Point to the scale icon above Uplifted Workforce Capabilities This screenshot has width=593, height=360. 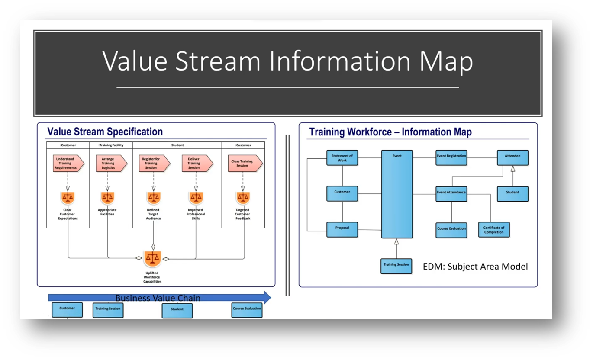coord(152,258)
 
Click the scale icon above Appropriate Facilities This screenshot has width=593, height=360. coord(107,198)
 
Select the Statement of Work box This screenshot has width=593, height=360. coord(342,158)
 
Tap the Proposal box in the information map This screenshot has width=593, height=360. coord(342,229)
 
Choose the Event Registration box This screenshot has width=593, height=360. coord(451,157)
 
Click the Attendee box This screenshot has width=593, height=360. coord(512,157)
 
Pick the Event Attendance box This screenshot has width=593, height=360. coord(451,193)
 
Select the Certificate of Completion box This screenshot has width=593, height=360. coord(494,230)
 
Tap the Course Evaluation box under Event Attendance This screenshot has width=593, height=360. coord(451,230)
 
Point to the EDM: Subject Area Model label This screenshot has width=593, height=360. coord(475,267)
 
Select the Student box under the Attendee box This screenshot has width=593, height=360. coord(512,193)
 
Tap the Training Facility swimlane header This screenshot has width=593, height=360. coord(111,145)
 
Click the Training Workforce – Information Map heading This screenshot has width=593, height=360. coord(390,132)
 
